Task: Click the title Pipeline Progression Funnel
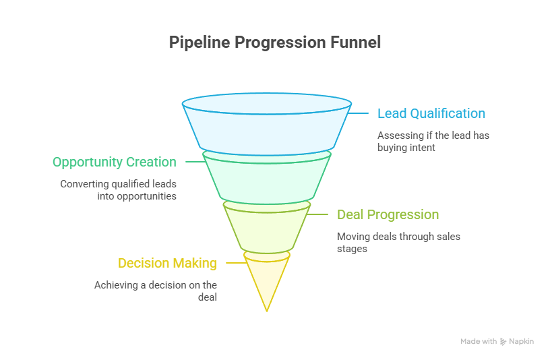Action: [274, 42]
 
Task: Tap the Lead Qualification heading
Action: [431, 113]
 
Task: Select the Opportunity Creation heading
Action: [115, 162]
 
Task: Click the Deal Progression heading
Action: [388, 214]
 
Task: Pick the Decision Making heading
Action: [167, 263]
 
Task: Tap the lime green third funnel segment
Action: [267, 228]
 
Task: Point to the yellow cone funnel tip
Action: [267, 280]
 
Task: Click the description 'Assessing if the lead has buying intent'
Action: [433, 141]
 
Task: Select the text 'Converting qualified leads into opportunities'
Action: [118, 190]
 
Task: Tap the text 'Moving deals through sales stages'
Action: [398, 242]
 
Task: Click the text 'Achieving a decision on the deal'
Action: [156, 291]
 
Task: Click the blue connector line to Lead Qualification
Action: [359, 113]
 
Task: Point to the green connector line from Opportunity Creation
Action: [195, 162]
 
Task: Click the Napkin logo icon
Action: [503, 342]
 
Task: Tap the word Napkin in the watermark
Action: [522, 342]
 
